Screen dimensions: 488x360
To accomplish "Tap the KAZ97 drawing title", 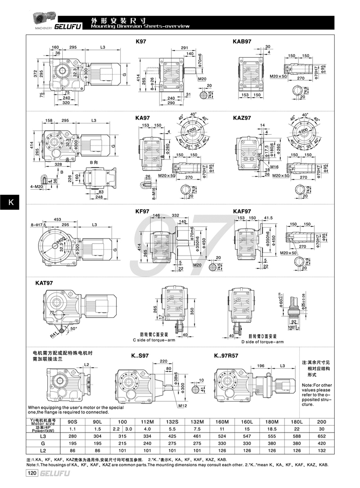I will (242, 118).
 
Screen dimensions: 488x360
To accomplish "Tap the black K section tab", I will (10, 203).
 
